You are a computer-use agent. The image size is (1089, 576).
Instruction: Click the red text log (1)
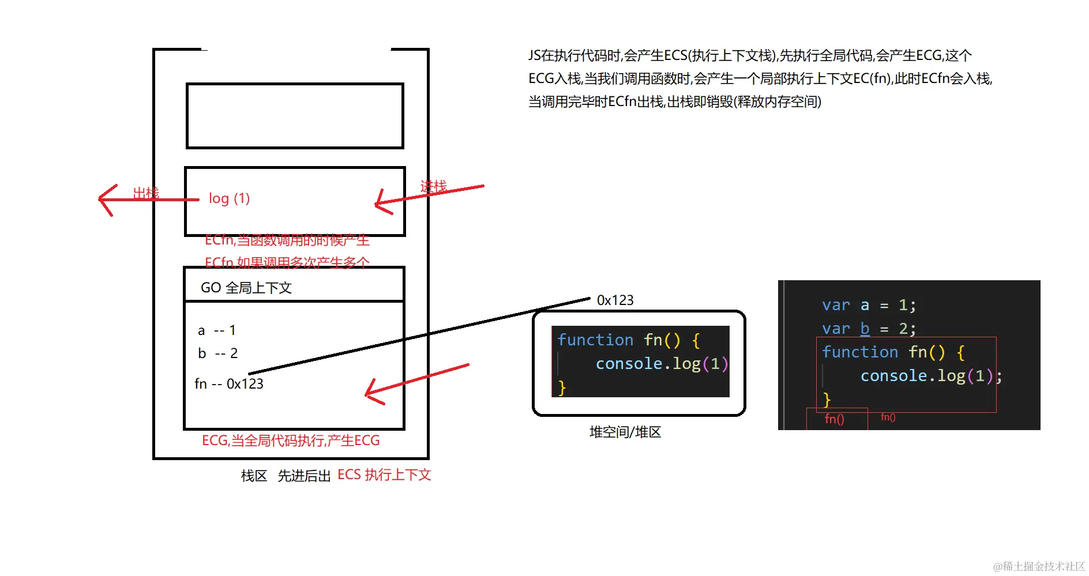click(x=229, y=198)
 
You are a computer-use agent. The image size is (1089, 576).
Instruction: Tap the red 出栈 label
click(x=146, y=193)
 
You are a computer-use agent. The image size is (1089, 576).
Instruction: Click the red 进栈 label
click(x=433, y=186)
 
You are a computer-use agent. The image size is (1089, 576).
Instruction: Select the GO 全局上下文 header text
click(x=246, y=288)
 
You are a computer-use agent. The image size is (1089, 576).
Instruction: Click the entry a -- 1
click(x=216, y=330)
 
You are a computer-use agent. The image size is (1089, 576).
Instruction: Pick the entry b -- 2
click(x=217, y=353)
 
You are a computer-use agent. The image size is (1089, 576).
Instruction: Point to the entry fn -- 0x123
click(x=229, y=384)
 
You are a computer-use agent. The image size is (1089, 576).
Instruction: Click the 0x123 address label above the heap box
click(x=615, y=300)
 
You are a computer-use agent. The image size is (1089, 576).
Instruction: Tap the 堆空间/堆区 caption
click(x=625, y=432)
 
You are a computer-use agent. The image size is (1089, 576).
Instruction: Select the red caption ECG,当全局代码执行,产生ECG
click(x=291, y=441)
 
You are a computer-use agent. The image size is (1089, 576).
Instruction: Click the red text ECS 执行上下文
click(x=384, y=475)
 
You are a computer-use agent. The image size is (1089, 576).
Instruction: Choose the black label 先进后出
click(x=304, y=476)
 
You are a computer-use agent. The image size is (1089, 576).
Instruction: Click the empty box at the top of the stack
click(x=295, y=116)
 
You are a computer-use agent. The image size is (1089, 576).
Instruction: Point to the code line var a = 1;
click(x=869, y=305)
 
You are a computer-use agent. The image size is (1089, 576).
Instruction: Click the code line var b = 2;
click(x=869, y=329)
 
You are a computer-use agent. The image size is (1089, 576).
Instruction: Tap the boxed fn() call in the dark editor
click(x=834, y=419)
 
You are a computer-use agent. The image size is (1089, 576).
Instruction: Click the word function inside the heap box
click(x=595, y=340)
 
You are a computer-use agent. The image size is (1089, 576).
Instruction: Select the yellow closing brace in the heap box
click(x=562, y=387)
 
